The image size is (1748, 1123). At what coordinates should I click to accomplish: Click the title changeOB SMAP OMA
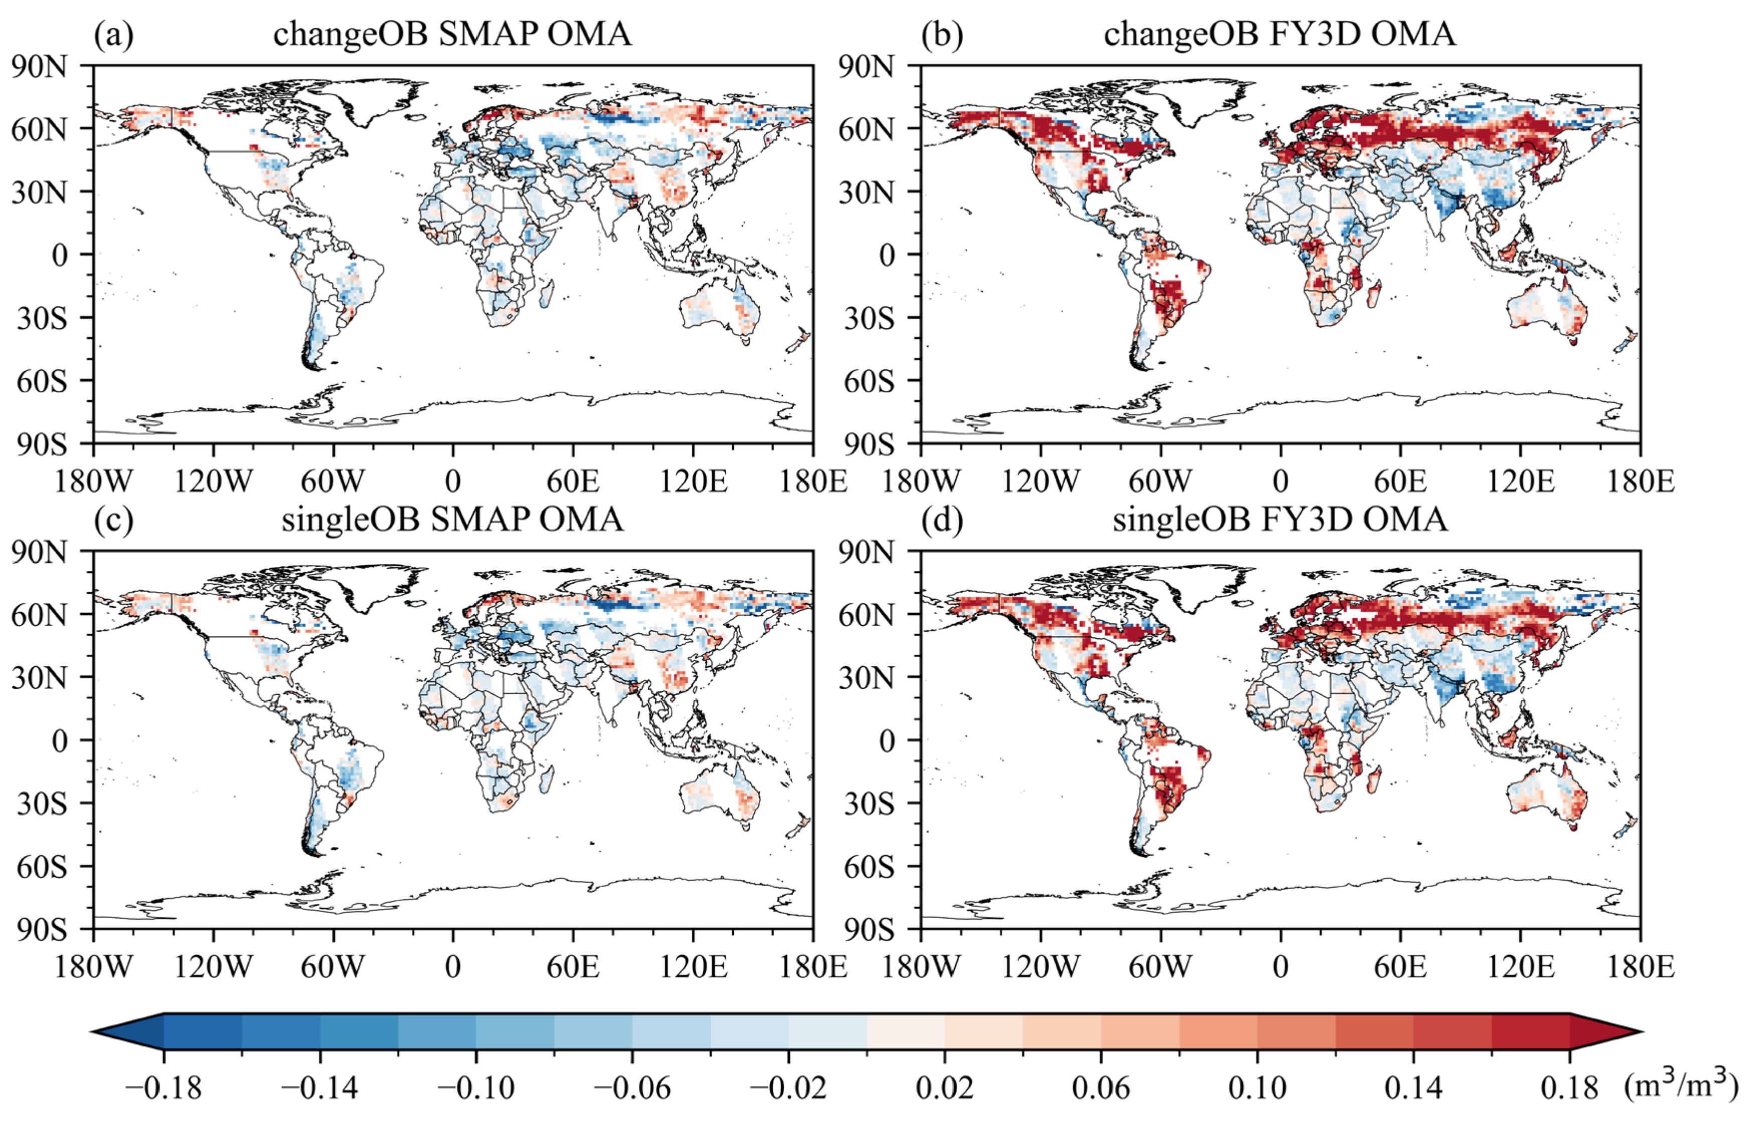click(452, 34)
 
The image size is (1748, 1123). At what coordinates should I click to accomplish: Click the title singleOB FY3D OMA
click(1280, 520)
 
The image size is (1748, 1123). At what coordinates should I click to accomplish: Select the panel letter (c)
click(114, 520)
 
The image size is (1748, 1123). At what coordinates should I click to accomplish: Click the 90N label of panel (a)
click(48, 67)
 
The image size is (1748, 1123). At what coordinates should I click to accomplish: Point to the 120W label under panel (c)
click(213, 967)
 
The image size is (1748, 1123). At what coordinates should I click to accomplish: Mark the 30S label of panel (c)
click(42, 803)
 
